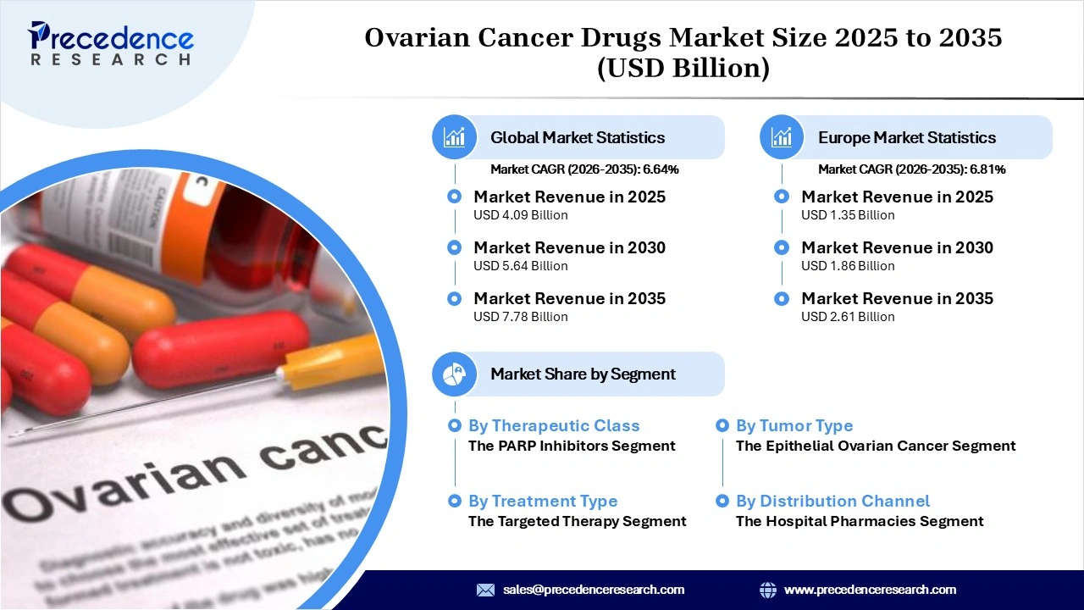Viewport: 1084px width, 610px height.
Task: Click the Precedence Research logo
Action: (111, 43)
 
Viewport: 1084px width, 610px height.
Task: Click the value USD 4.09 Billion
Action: (520, 215)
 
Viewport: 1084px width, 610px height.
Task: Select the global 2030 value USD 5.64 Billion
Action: (520, 266)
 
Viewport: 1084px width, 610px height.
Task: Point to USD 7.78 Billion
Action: (520, 317)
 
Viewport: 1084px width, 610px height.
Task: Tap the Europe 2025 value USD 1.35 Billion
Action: (848, 215)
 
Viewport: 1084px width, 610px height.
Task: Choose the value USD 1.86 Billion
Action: (848, 266)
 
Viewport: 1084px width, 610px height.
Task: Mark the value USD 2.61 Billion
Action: (848, 317)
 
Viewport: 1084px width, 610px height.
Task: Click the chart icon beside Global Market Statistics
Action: (455, 137)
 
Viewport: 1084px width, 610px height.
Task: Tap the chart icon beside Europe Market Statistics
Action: (782, 137)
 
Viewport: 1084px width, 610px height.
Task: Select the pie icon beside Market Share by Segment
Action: (455, 374)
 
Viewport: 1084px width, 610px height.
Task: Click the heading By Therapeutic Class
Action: (554, 426)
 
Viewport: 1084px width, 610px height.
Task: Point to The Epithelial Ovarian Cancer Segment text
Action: (876, 446)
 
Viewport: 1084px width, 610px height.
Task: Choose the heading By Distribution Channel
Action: (832, 502)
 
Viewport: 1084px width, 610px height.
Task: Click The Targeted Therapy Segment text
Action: (577, 521)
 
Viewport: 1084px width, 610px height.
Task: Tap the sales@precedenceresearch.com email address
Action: (593, 590)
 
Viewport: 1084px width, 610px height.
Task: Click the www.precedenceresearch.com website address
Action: (870, 590)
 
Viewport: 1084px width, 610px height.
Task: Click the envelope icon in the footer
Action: (485, 590)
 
